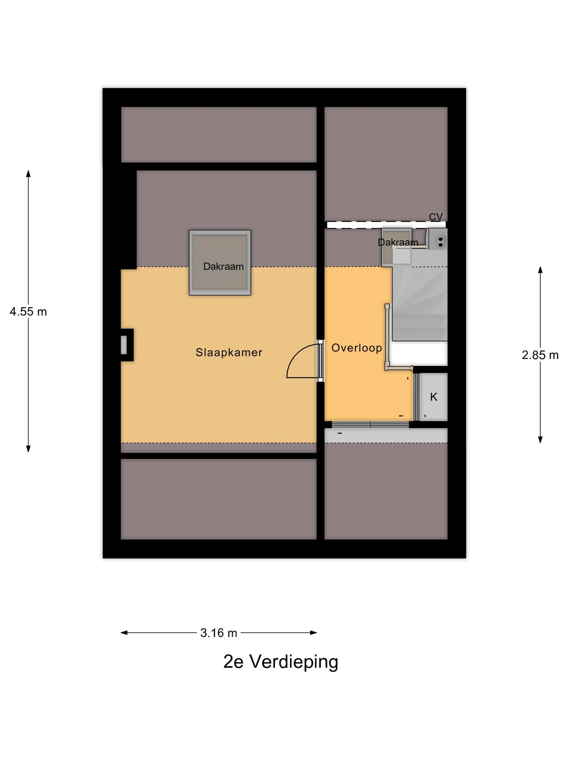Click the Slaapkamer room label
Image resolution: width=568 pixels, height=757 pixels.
tap(229, 353)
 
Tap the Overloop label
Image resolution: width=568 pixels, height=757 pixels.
tap(356, 348)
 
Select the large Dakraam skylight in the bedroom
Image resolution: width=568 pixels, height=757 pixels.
tap(220, 263)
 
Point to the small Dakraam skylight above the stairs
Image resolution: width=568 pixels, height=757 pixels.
tap(397, 247)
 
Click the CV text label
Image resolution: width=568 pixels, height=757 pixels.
tap(436, 217)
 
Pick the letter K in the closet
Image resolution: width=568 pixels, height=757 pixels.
tap(434, 397)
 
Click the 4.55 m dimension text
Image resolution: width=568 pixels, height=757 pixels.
tap(28, 312)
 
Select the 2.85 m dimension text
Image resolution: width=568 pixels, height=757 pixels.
tap(540, 355)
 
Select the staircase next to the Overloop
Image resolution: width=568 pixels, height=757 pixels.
tap(420, 303)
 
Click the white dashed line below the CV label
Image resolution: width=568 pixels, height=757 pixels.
tap(386, 225)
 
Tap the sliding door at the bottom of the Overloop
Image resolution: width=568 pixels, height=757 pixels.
tap(371, 425)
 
